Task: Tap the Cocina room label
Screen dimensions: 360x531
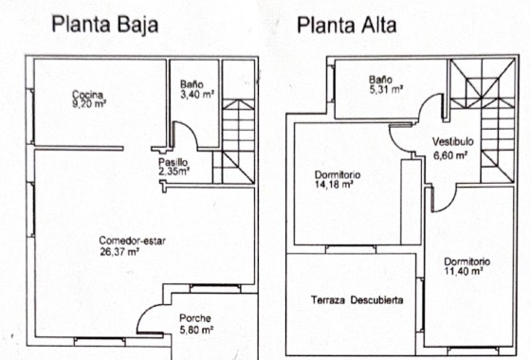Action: [x=86, y=94]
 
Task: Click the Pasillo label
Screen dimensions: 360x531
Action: [x=173, y=163]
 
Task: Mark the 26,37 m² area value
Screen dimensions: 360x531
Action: [x=119, y=252]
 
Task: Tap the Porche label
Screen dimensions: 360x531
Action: [x=194, y=317]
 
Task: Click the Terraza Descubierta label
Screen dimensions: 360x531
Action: [x=357, y=300]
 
